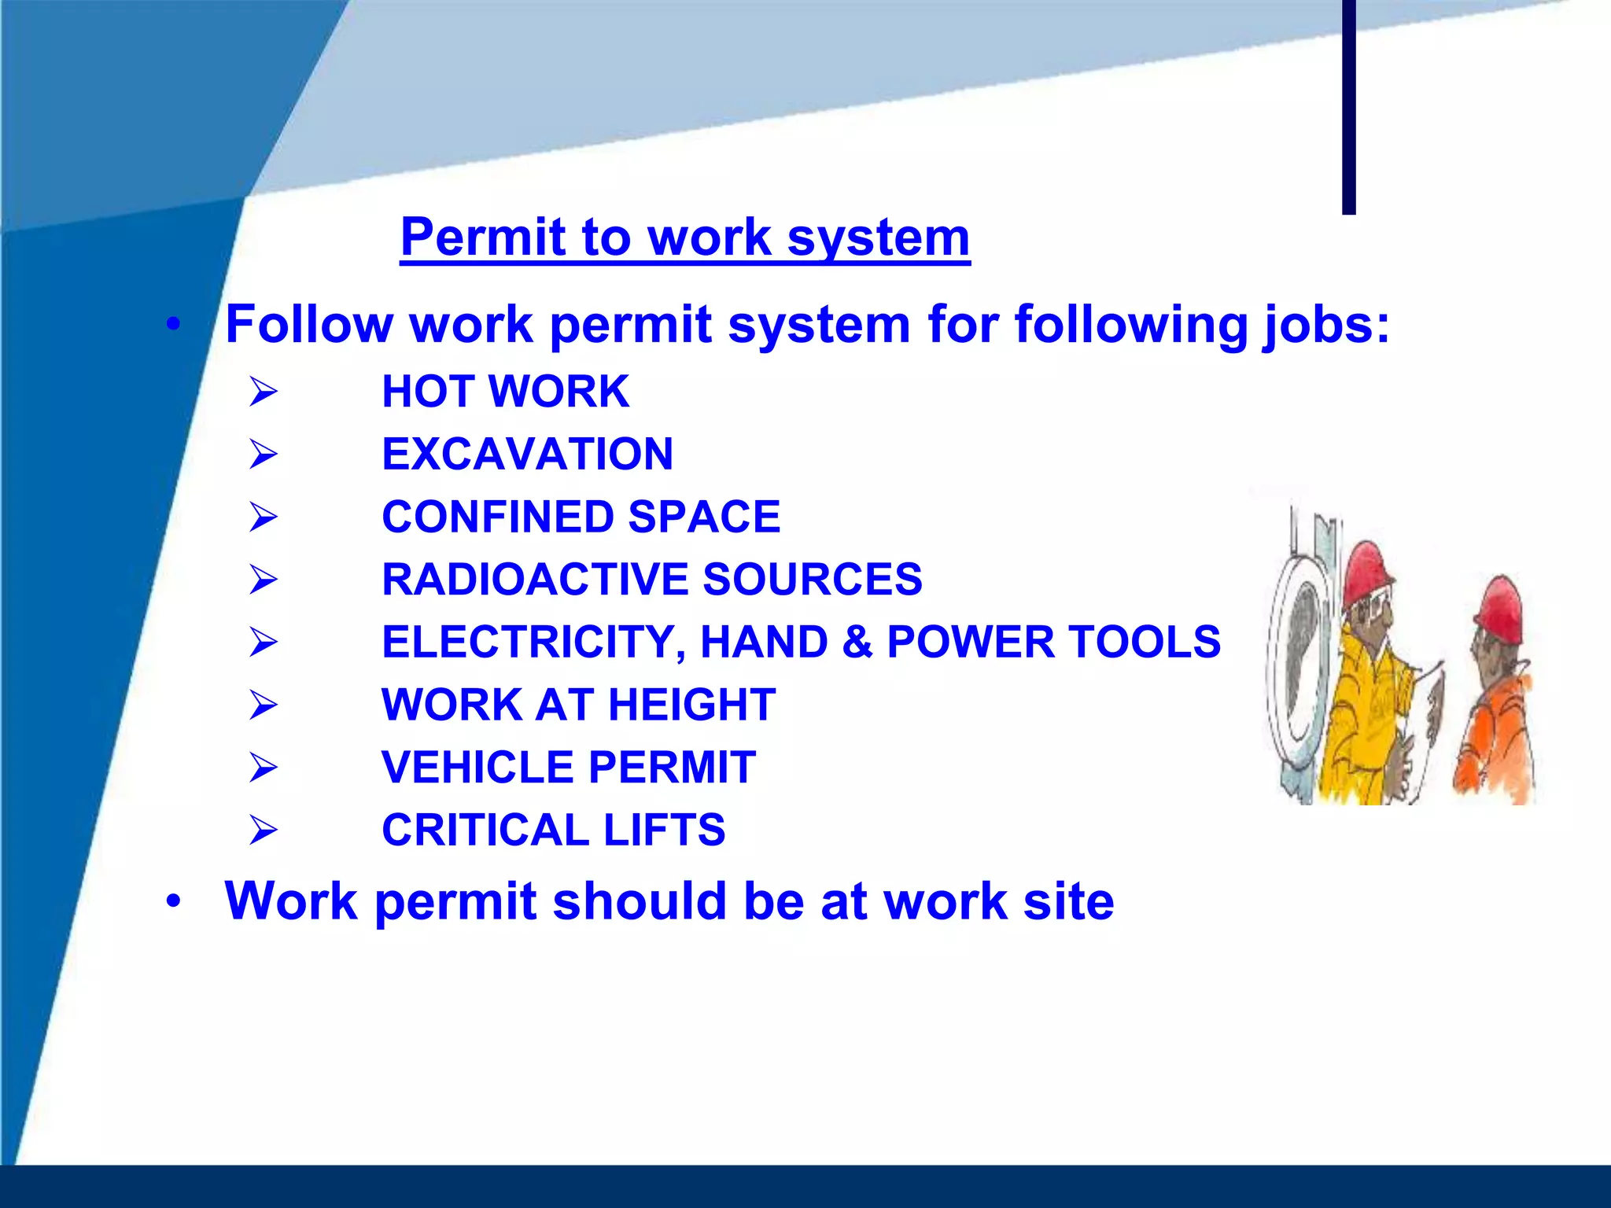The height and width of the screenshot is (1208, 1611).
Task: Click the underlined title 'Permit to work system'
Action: [684, 238]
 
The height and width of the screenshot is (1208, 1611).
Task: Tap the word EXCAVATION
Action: [527, 455]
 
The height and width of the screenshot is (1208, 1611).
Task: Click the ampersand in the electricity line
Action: [857, 642]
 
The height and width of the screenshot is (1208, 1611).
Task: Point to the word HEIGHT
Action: [691, 705]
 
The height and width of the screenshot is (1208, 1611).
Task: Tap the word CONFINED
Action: [497, 517]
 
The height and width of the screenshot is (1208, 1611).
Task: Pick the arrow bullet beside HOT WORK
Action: [263, 392]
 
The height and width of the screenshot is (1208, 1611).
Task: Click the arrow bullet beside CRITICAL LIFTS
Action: [263, 830]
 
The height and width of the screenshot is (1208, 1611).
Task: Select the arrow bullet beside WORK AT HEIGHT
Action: [263, 705]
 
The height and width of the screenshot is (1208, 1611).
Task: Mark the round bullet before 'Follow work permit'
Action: [174, 324]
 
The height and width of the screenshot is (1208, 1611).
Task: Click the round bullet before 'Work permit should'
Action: [174, 901]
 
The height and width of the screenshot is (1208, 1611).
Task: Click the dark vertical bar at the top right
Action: [1348, 106]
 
